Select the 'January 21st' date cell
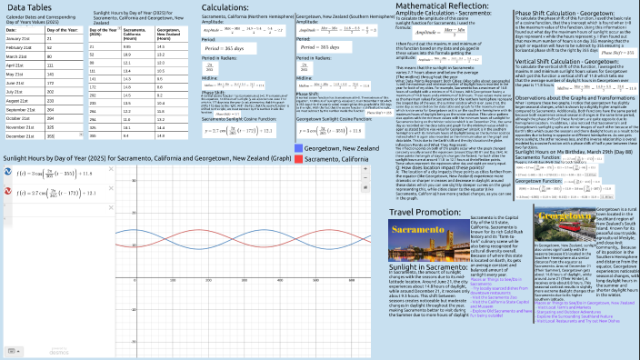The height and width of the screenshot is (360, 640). click(18, 39)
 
